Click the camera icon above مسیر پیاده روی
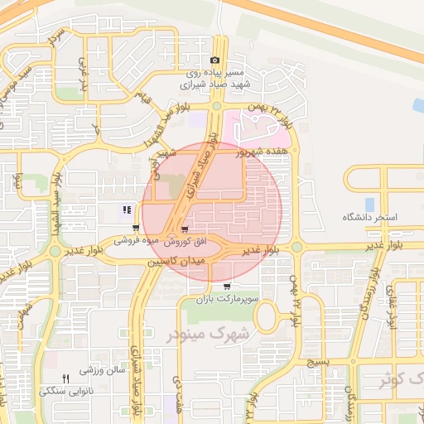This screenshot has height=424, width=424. click(x=215, y=60)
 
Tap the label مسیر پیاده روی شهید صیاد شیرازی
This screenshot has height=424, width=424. click(x=215, y=79)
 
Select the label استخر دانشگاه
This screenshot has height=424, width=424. click(x=371, y=217)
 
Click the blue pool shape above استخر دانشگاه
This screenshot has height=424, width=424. click(x=369, y=204)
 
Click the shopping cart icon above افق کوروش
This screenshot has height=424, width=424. click(x=184, y=230)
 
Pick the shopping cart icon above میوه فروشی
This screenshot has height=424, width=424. click(x=136, y=229)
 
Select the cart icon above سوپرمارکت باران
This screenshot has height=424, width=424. click(x=227, y=286)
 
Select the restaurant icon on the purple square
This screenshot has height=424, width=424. click(x=127, y=210)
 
